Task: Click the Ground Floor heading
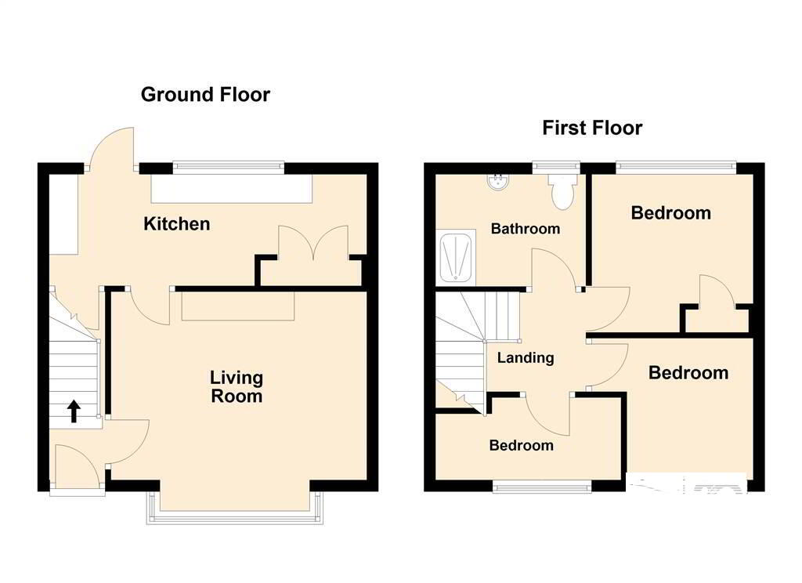[x=205, y=95]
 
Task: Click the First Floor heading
[x=592, y=128]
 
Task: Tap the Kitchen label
[x=176, y=223]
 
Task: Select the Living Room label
[x=237, y=386]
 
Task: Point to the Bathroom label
[x=526, y=228]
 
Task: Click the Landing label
[x=526, y=357]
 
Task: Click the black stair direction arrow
[x=74, y=411]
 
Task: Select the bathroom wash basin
[x=497, y=183]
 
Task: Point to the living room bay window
[x=235, y=509]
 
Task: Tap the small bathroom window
[x=556, y=166]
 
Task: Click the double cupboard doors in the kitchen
[x=313, y=241]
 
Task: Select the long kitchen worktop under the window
[x=231, y=189]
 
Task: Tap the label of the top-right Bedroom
[x=670, y=213]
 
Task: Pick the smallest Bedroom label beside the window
[x=521, y=445]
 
